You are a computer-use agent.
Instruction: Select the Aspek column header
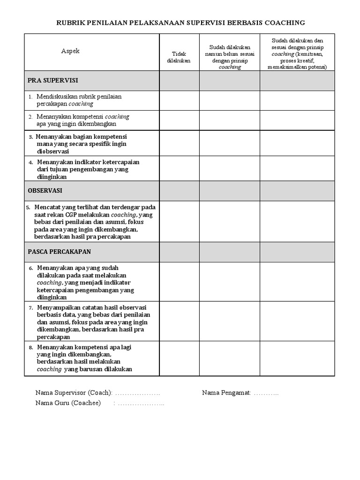[x=70, y=51]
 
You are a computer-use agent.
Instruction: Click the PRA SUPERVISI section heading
[x=46, y=81]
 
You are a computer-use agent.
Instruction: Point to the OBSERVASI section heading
[x=45, y=191]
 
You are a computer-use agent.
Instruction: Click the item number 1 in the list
[x=30, y=97]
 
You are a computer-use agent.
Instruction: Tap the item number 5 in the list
[x=28, y=207]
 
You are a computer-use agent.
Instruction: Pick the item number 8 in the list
[x=30, y=348]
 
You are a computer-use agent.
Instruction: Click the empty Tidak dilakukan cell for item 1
[x=180, y=100]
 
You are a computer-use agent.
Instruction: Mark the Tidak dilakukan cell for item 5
[x=180, y=221]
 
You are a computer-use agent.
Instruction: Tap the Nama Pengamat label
[x=226, y=392]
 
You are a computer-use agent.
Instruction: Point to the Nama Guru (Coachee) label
[x=68, y=403]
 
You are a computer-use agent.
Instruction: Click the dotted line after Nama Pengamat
[x=266, y=393]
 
